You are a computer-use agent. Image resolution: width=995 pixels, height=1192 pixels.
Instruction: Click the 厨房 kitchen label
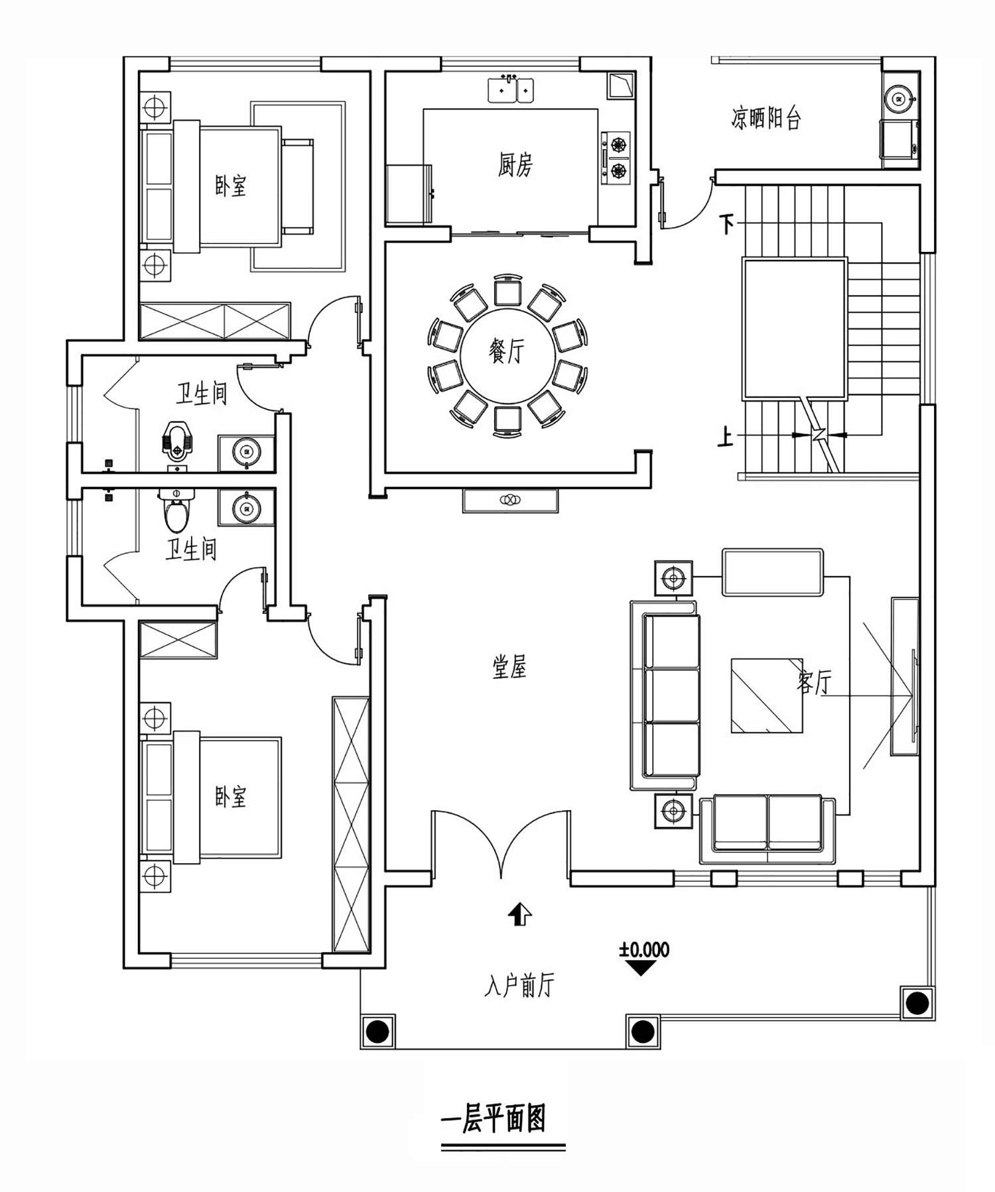(x=515, y=164)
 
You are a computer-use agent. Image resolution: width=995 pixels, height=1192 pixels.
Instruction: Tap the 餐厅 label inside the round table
(x=506, y=351)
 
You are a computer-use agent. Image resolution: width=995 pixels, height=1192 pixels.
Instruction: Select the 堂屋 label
(x=509, y=667)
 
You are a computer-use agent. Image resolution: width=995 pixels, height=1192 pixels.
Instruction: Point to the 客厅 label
(x=814, y=681)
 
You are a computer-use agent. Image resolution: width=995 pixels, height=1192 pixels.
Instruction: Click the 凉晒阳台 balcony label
(x=766, y=117)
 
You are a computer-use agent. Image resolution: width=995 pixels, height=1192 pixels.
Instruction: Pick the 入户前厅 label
(x=519, y=986)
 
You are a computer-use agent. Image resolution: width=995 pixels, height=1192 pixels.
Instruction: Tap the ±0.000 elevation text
(x=644, y=949)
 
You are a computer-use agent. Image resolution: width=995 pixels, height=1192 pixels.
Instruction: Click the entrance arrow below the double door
(x=519, y=914)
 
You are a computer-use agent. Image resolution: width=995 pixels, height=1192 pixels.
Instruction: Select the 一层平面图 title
(x=494, y=1118)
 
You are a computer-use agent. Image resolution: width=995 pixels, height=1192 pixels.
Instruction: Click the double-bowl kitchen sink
(x=511, y=89)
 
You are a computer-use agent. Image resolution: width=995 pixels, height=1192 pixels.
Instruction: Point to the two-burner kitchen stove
(x=616, y=158)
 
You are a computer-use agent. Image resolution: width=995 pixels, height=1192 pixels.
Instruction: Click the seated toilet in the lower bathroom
(x=176, y=511)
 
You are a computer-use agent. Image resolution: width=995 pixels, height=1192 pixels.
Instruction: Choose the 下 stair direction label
(x=728, y=225)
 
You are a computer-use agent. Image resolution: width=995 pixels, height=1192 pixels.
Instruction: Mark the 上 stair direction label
(x=726, y=437)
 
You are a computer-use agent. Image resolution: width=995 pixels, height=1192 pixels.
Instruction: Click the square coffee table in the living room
(x=767, y=695)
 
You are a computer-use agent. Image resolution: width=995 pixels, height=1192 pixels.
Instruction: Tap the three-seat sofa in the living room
(x=665, y=695)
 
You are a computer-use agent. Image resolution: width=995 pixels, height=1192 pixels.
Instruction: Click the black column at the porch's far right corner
(x=917, y=1002)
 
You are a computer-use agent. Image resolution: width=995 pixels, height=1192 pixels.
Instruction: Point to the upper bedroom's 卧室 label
(x=230, y=186)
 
